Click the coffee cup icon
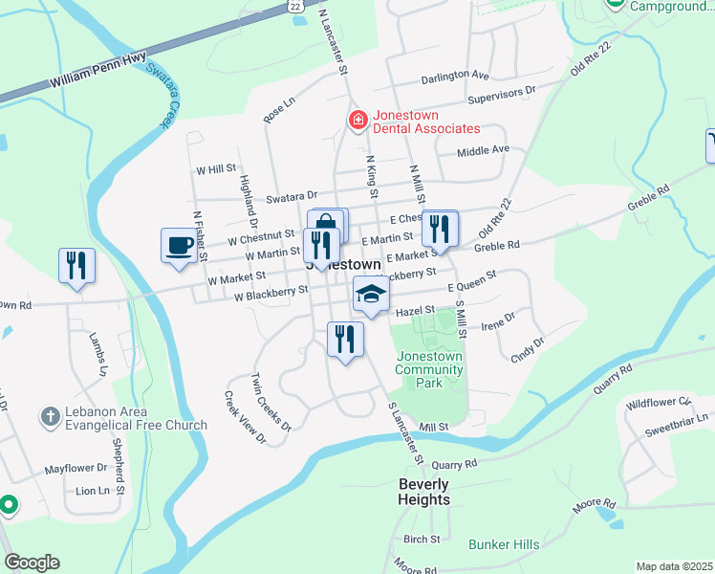[x=179, y=245]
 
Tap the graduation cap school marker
[x=371, y=293]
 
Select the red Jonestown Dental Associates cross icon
[x=357, y=121]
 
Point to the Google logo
[x=32, y=563]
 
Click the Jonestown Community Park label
[x=428, y=369]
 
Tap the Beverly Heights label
[x=423, y=492]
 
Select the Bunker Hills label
[x=504, y=544]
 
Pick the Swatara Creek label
[x=165, y=97]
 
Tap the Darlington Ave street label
[x=455, y=74]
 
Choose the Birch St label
[x=421, y=540]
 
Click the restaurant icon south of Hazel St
[x=345, y=339]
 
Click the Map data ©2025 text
[x=674, y=566]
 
